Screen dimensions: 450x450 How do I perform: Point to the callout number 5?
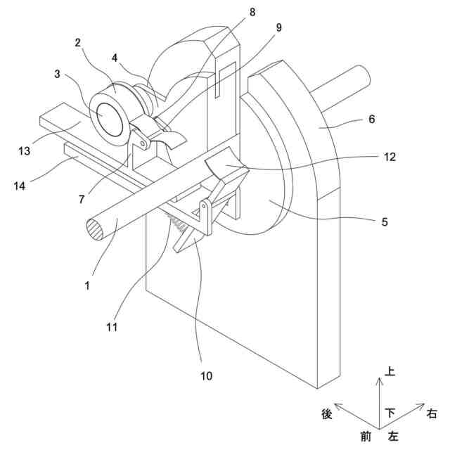click(384, 221)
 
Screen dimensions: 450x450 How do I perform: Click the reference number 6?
click(371, 120)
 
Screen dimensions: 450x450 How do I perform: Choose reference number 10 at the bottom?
click(205, 375)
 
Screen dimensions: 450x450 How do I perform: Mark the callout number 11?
click(112, 326)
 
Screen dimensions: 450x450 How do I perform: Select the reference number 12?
click(390, 157)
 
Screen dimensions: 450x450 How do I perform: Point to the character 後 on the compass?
click(326, 415)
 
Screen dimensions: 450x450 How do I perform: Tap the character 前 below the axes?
click(366, 437)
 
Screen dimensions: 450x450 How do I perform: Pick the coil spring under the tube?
click(179, 224)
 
